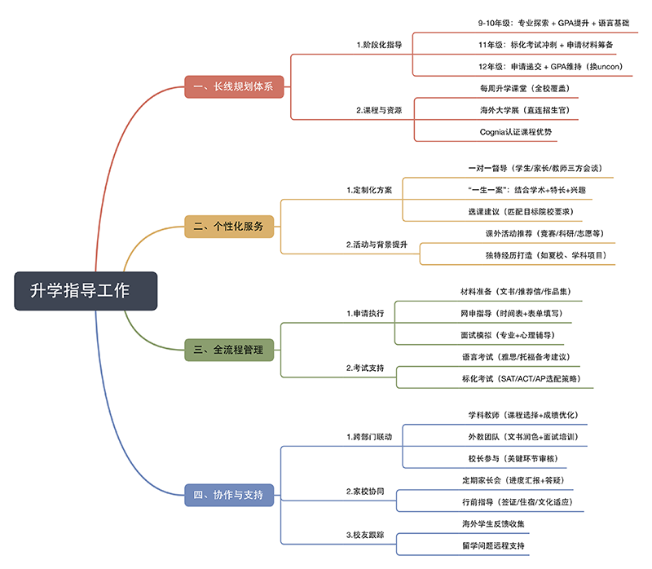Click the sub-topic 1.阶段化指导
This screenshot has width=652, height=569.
[x=379, y=44]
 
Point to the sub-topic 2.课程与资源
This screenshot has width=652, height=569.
[x=379, y=109]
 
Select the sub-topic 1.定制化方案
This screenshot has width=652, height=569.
[x=369, y=190]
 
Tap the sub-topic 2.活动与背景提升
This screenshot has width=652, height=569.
[x=377, y=244]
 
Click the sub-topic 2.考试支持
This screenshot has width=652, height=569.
[x=365, y=368]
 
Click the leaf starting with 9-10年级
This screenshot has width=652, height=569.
[x=535, y=23]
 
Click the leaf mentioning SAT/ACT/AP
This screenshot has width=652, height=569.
[x=528, y=378]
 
